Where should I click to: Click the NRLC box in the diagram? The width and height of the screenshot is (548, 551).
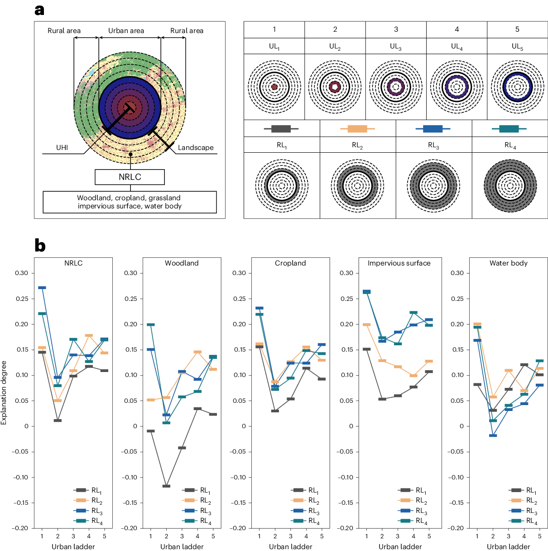coord(130,177)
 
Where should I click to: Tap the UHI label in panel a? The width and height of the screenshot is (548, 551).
coord(62,148)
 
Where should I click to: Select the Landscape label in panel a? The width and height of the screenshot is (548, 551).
coord(196,148)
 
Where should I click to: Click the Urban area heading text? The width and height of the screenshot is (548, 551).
coord(126,31)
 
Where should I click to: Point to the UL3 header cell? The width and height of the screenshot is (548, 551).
coord(396,46)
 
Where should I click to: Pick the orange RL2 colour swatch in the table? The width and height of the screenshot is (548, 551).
coord(357,129)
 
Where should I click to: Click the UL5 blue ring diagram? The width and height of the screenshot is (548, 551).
coord(517,87)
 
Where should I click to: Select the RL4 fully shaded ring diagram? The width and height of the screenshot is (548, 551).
coord(510,185)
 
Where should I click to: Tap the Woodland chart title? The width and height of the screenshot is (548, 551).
coord(182,263)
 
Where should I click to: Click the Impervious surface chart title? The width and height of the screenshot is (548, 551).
coord(399,263)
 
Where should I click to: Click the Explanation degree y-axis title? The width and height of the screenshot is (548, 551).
coord(4,392)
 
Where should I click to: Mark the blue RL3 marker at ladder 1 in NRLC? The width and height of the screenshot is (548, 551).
coord(42,288)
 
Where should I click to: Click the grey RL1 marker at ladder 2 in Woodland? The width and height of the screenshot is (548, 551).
coord(166,486)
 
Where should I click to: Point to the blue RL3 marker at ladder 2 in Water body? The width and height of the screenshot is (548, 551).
coord(493,435)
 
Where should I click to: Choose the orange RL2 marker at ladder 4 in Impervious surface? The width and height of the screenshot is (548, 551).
coord(413,376)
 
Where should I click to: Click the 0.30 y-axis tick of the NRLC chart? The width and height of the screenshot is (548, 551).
coord(21,273)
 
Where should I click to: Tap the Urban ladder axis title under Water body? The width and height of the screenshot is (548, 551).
coord(508,546)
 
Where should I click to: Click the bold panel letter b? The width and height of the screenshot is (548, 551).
coord(40,246)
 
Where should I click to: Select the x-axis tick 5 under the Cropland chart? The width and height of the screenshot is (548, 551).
coord(322,536)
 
